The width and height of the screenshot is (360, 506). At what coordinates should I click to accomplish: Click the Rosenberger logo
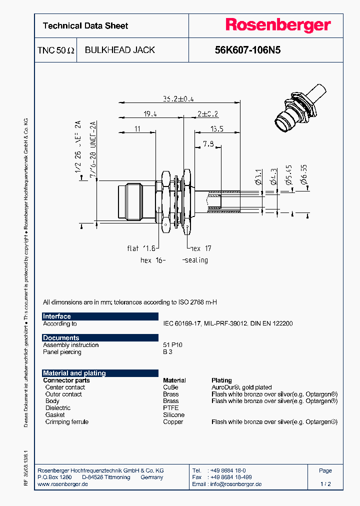277,25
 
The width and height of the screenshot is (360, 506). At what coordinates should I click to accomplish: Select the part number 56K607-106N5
247,50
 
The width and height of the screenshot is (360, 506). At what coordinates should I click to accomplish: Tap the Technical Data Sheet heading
85,26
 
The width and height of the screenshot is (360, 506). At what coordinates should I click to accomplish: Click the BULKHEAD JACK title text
119,50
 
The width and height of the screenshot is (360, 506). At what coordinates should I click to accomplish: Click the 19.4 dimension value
150,114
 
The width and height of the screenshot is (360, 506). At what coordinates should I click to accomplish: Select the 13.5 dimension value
216,129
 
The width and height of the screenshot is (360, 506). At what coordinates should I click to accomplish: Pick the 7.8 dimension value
208,144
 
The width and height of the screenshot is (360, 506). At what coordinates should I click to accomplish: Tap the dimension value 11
137,129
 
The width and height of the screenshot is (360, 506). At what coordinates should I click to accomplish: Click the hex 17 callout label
200,248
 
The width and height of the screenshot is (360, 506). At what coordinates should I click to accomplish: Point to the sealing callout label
195,260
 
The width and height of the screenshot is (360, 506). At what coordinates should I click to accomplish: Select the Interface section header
57,316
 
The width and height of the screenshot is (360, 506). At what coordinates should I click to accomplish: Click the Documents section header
61,338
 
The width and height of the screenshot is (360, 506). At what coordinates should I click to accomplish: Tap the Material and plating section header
74,373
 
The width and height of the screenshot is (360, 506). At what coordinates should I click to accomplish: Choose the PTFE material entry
170,408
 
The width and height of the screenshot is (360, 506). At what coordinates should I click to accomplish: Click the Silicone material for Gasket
173,415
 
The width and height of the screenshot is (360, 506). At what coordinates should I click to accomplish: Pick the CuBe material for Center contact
170,387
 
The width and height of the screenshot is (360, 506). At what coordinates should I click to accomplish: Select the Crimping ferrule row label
66,422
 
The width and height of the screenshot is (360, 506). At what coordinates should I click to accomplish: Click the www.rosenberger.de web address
63,484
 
